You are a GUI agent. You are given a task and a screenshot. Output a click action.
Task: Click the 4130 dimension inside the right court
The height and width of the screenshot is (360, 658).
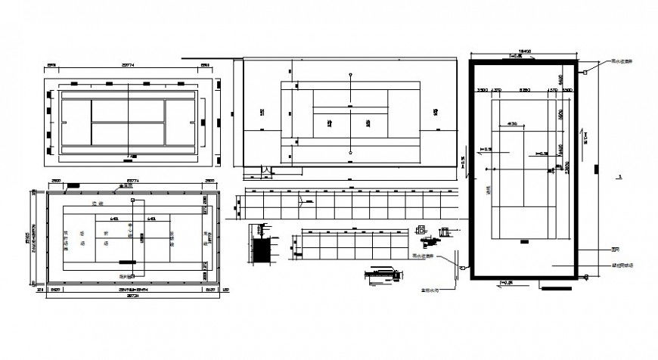[512, 123]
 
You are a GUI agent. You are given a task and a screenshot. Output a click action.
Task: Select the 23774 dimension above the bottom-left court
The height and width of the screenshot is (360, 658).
[130, 182]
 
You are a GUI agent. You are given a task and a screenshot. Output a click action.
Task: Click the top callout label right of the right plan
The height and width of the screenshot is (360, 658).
[622, 64]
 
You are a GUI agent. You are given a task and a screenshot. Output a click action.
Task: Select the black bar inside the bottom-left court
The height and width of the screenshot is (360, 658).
[128, 262]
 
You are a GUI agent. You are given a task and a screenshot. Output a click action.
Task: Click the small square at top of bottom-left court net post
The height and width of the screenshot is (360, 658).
[133, 202]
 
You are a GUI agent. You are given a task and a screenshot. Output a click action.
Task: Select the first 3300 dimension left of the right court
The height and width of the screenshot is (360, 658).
[482, 91]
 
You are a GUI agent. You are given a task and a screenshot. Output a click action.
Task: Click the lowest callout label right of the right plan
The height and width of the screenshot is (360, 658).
[622, 265]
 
